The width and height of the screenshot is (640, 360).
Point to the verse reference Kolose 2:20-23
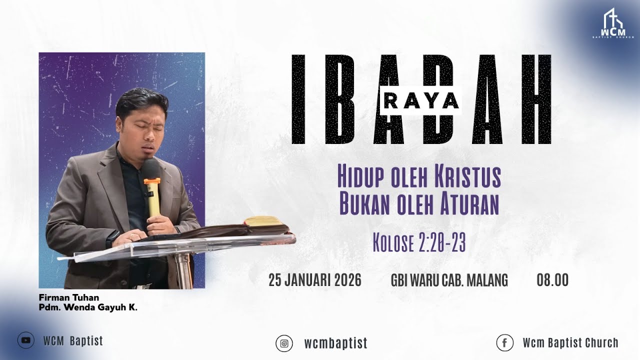click(419, 243)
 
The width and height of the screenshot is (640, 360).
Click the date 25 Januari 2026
click(315, 280)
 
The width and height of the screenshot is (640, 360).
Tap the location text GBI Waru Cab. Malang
click(449, 280)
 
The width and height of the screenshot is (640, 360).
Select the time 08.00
click(552, 280)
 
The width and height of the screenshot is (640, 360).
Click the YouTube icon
click(26, 340)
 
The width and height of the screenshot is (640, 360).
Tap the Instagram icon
click(284, 343)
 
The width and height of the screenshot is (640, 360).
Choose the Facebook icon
click(504, 343)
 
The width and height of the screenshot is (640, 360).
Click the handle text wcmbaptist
click(335, 343)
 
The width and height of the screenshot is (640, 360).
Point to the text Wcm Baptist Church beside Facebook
click(570, 343)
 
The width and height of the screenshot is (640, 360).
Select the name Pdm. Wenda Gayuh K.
click(88, 307)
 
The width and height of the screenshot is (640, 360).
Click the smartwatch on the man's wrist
click(112, 236)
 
